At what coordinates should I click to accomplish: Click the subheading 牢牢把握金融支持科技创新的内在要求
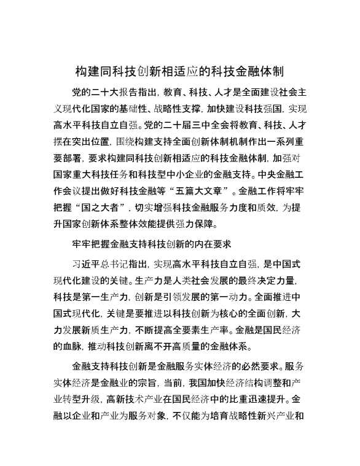[x=151, y=244]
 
